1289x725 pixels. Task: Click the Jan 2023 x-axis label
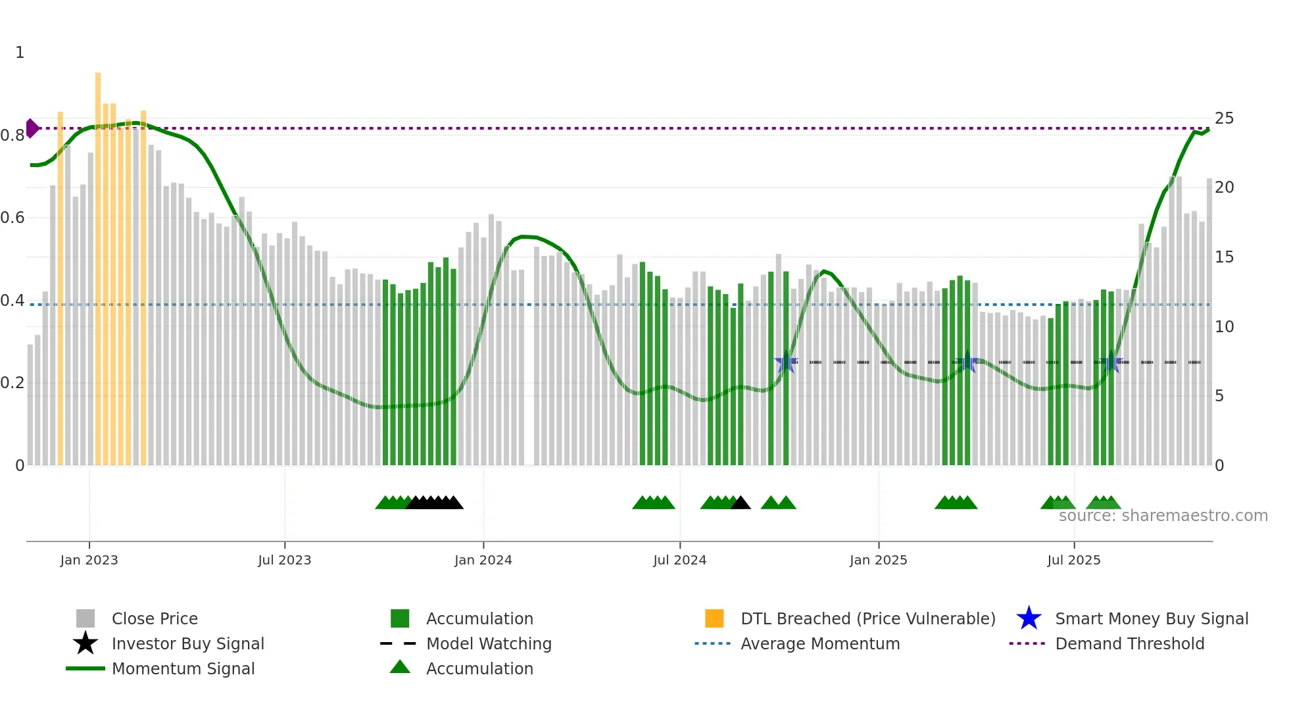89,560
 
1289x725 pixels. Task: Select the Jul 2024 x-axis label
679,560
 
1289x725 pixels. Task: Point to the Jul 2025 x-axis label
1073,560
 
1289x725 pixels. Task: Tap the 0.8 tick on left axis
12,136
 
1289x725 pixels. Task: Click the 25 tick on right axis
1224,118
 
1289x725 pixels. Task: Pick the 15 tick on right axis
1224,257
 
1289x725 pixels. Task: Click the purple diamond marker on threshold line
32,128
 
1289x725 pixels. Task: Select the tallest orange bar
98,263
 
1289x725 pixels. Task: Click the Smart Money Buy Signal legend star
1029,618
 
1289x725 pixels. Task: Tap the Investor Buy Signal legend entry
187,643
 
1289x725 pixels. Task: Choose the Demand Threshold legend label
1129,643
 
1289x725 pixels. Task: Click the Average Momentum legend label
820,643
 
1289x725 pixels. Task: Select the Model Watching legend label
489,643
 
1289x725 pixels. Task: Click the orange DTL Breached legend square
714,618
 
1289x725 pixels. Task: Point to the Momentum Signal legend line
85,668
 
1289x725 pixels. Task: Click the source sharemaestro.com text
1163,516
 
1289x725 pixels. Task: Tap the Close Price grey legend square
85,618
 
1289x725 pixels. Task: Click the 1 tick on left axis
20,53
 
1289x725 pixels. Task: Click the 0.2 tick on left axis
12,383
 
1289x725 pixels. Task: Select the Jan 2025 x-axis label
878,560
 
